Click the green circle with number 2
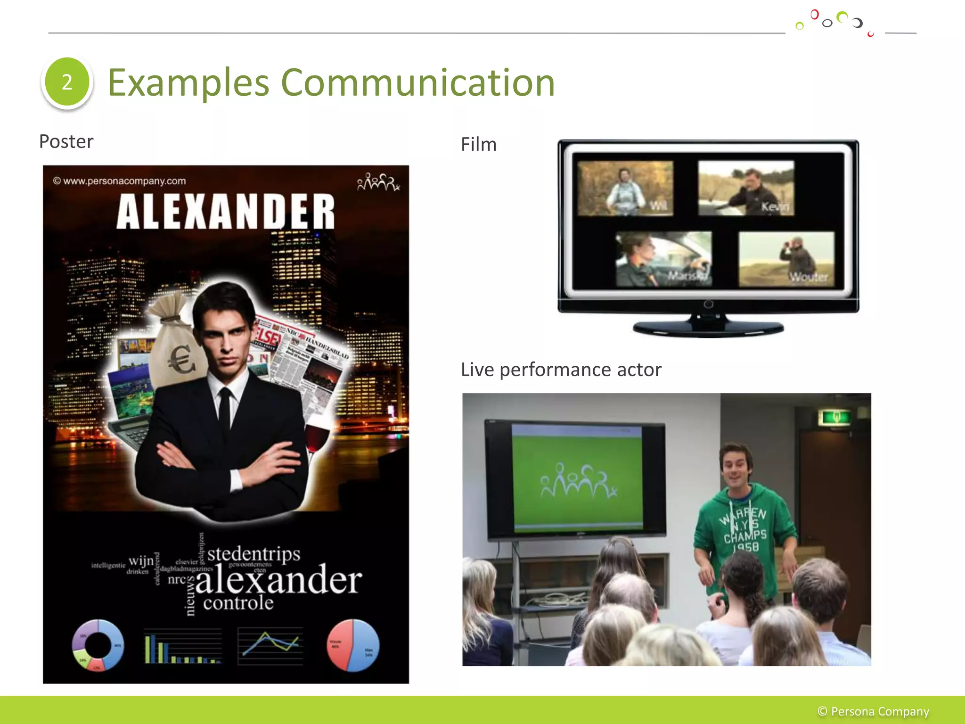tap(67, 82)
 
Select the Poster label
tap(66, 141)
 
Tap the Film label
tap(479, 144)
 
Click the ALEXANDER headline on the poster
tap(225, 212)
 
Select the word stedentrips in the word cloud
tap(254, 553)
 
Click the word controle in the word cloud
tap(238, 603)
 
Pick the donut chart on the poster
tap(98, 645)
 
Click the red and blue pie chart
tap(353, 645)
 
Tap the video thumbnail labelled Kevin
tap(746, 188)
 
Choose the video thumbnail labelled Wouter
tap(786, 259)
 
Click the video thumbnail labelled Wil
tap(625, 188)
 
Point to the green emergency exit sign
tap(836, 417)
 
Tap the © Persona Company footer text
tap(873, 711)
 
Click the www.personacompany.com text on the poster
tap(120, 181)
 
